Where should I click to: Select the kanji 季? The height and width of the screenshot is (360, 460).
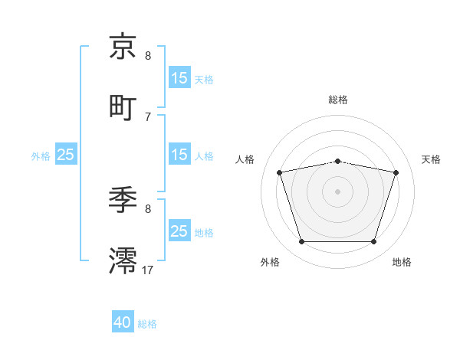coord(123,201)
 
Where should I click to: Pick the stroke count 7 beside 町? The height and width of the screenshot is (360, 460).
coord(148,116)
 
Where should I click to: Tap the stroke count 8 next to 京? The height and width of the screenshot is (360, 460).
coord(148,56)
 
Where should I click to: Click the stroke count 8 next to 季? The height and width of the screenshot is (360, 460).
coord(148,208)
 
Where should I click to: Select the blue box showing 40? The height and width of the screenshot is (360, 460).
coord(123,323)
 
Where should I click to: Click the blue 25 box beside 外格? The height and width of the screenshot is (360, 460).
coord(66,155)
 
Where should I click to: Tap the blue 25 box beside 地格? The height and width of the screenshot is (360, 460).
coord(179,231)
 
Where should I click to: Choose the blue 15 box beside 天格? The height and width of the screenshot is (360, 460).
coord(179,78)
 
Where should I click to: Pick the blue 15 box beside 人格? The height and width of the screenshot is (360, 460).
coord(179,155)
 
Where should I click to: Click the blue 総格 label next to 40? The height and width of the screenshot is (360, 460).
coord(147,324)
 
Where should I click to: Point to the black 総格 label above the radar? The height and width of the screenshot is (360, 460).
coord(338,100)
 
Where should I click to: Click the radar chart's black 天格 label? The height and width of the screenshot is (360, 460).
coord(431,159)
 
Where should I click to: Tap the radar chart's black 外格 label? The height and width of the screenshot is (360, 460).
coord(270,262)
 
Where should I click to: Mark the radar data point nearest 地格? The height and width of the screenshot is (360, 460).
coord(373,242)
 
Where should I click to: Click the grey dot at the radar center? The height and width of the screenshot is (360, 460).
coord(337,191)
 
